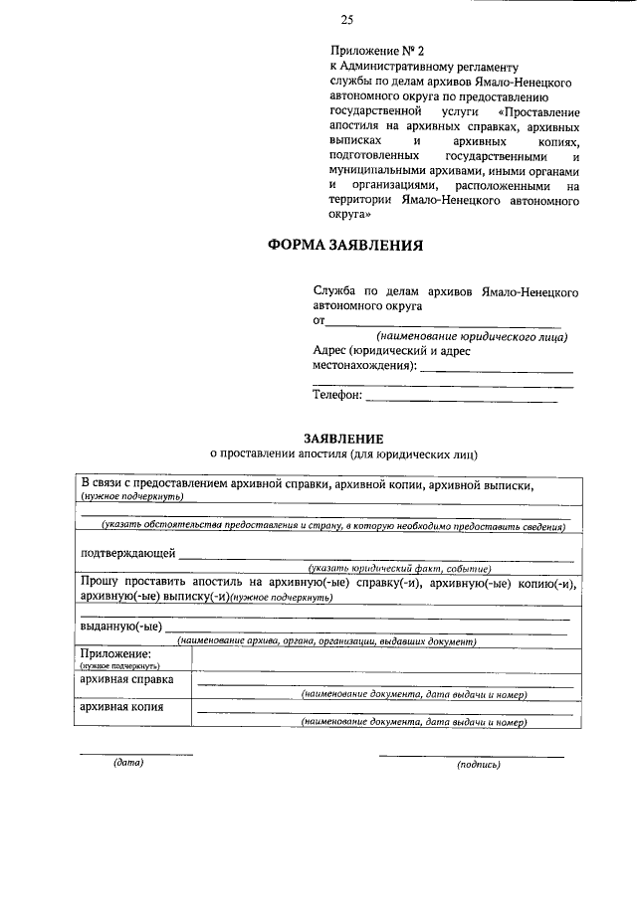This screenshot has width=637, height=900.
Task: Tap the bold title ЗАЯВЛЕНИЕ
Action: [x=344, y=439]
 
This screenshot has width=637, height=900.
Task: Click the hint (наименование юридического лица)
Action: [x=466, y=337]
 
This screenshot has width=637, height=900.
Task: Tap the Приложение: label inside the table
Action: [x=115, y=654]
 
